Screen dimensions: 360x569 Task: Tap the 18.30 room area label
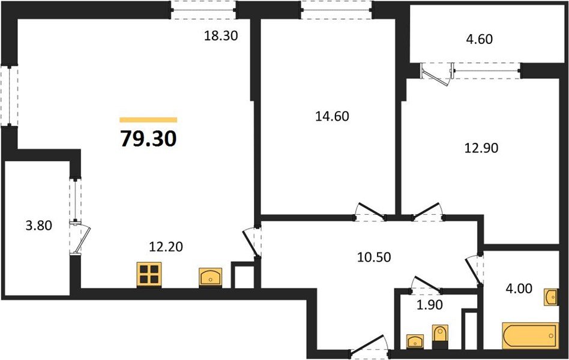point(221,35)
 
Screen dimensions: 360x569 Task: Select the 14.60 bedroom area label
point(332,116)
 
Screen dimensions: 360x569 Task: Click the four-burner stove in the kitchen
point(149,275)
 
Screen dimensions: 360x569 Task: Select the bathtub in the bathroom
point(527,335)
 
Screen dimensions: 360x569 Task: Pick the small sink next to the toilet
point(415,341)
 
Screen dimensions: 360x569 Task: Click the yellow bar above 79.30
point(148,119)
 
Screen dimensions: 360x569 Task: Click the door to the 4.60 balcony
point(436,73)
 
